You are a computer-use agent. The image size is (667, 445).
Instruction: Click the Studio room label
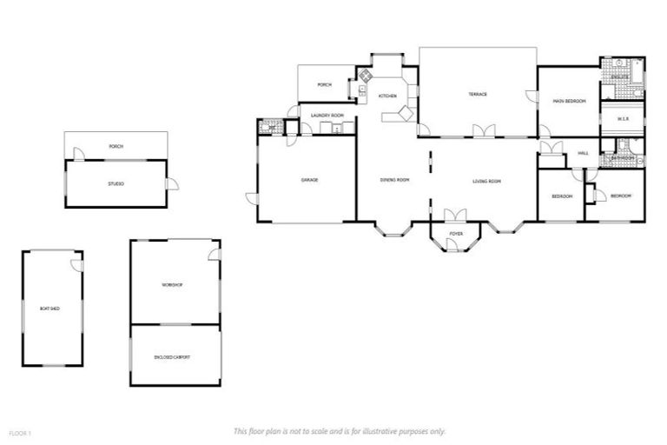(x=116, y=183)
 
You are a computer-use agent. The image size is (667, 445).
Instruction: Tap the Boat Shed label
(x=50, y=309)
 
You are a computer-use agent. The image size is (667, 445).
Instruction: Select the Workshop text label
(x=171, y=285)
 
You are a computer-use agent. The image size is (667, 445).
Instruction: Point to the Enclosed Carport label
(x=172, y=357)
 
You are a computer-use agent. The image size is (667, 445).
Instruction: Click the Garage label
(x=309, y=180)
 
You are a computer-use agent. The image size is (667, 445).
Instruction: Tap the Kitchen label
(x=387, y=95)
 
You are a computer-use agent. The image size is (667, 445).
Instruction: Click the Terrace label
(x=478, y=94)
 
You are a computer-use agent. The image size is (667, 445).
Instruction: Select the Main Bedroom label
(x=569, y=102)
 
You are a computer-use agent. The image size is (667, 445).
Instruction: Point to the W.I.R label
(x=623, y=118)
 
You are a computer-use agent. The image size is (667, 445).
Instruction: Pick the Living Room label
(x=487, y=181)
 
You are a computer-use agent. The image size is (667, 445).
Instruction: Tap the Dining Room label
(x=394, y=181)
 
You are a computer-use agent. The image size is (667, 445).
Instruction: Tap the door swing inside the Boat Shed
(x=76, y=262)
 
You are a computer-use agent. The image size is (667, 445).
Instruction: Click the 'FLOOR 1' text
(x=19, y=432)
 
